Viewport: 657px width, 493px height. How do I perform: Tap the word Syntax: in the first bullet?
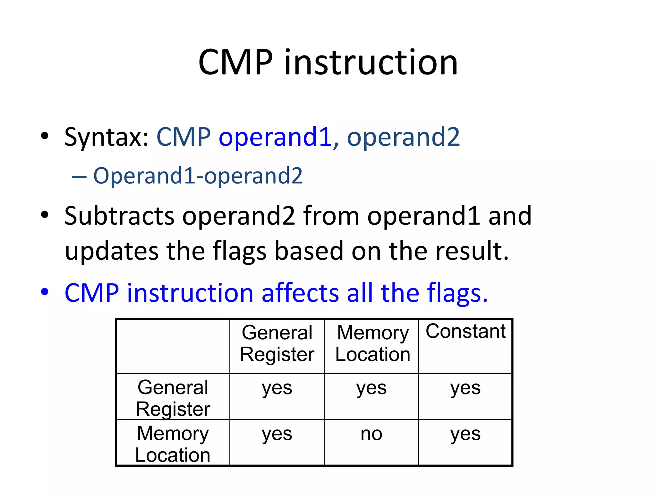106,137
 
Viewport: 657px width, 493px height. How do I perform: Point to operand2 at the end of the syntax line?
403,137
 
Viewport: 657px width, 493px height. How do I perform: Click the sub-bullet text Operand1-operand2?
198,176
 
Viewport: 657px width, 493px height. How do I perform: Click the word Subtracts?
119,216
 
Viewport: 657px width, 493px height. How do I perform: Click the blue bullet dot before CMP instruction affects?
45,292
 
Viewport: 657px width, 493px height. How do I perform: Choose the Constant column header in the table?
465,331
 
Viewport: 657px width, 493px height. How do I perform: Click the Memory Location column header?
372,343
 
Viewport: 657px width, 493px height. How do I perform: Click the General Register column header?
277,343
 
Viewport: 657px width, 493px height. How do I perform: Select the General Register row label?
173,398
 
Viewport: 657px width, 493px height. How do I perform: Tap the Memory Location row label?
173,444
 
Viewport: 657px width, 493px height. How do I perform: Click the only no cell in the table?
371,434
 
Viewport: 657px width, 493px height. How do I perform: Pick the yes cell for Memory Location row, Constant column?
465,434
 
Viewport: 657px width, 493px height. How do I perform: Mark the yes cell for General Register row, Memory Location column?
371,388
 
